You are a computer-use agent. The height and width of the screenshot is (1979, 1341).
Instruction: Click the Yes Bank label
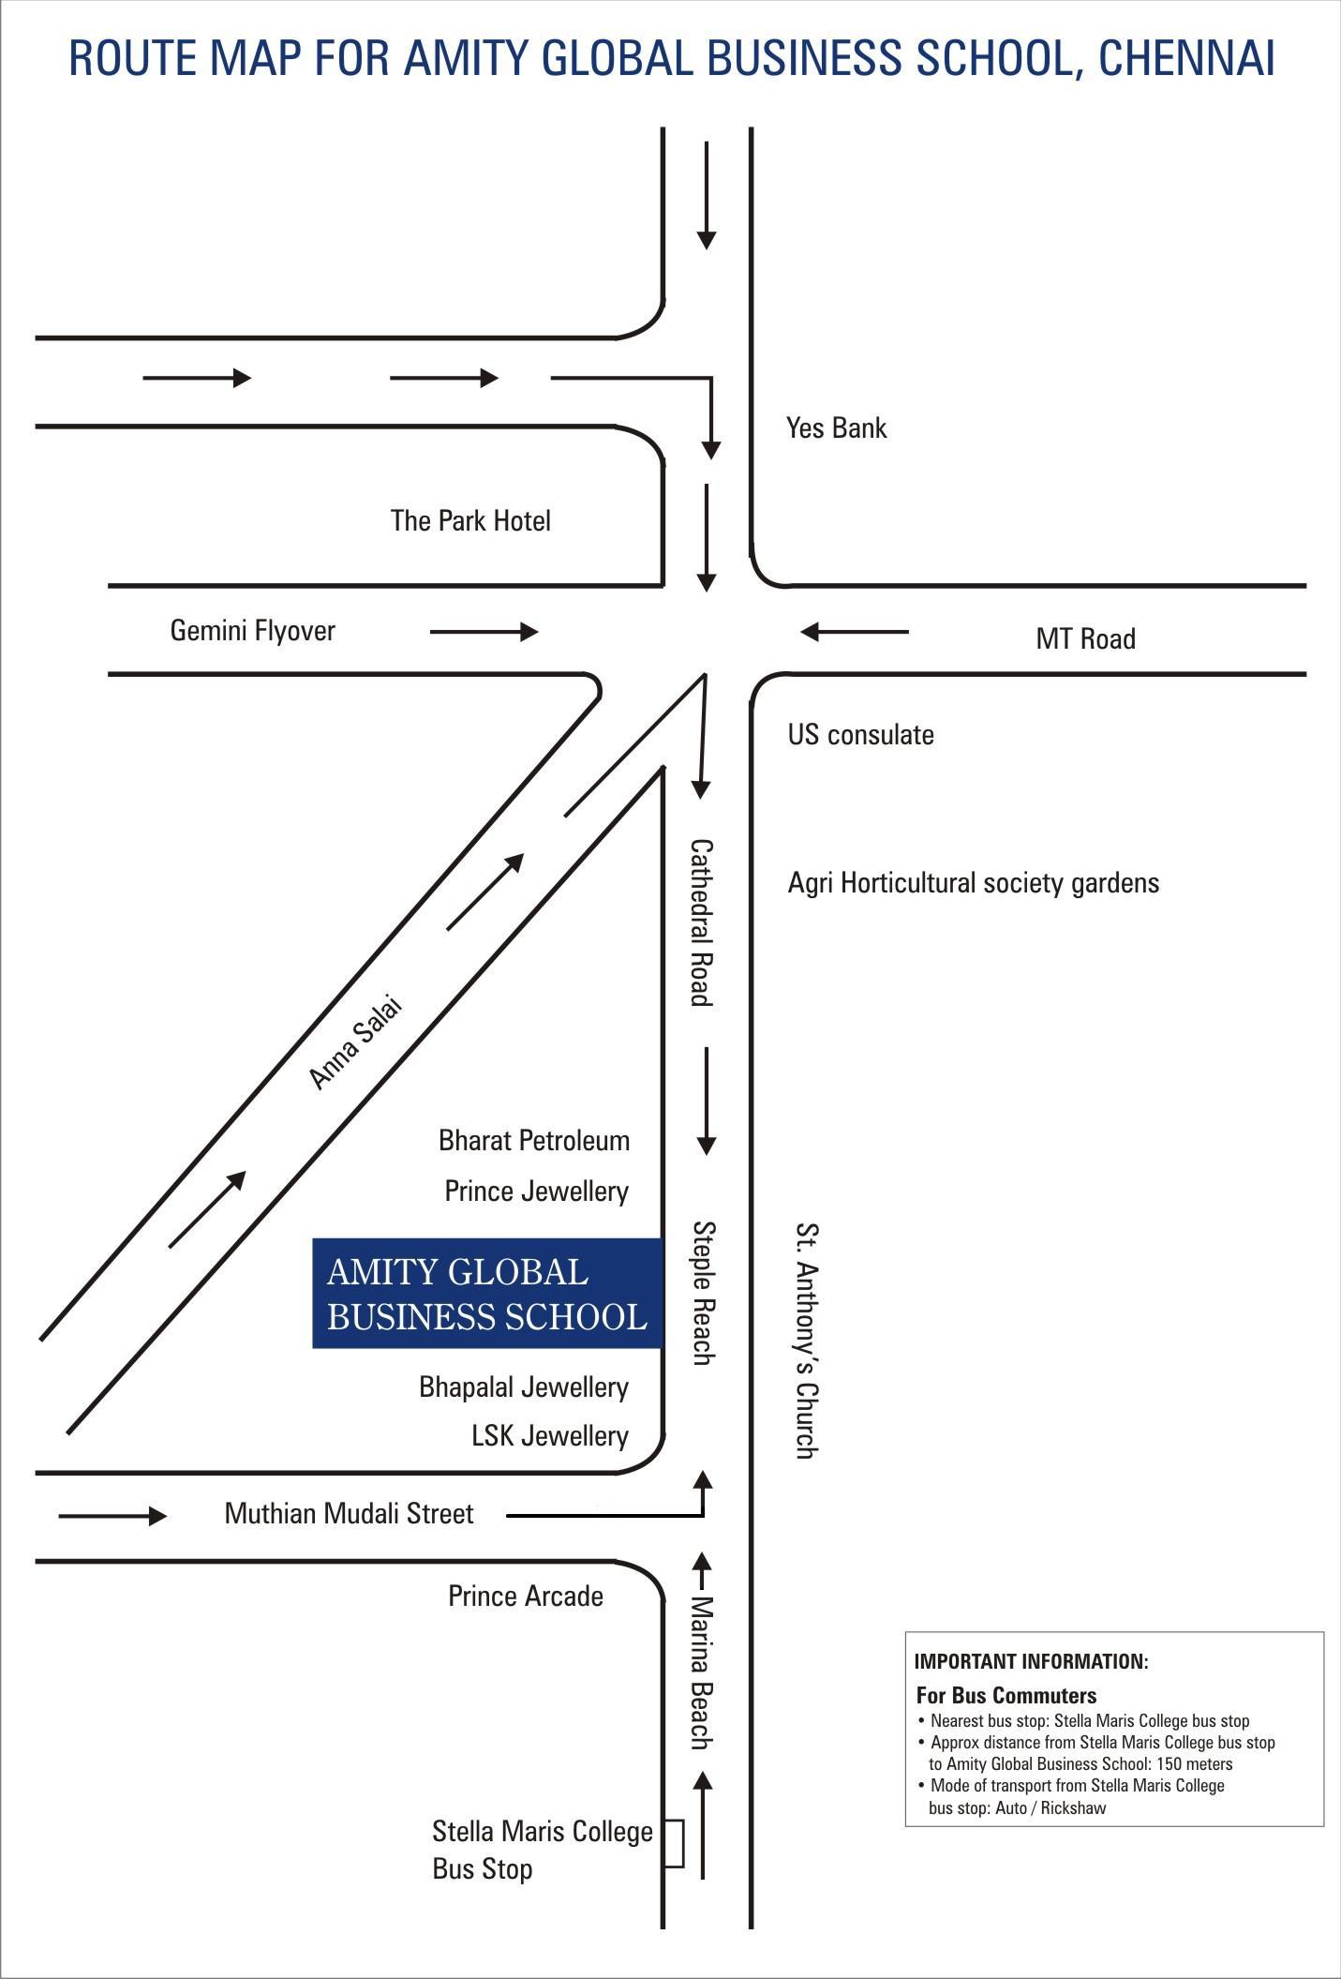click(836, 428)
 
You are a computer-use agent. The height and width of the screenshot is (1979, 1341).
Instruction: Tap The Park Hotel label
click(470, 520)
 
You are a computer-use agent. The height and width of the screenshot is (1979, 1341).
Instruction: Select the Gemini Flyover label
click(252, 631)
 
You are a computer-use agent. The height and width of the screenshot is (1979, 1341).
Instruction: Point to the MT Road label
click(1085, 639)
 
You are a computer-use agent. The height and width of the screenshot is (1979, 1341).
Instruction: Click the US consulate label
click(860, 734)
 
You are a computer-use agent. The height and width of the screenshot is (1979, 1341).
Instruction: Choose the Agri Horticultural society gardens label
click(973, 883)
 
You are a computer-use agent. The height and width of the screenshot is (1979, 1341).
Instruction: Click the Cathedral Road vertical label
click(701, 922)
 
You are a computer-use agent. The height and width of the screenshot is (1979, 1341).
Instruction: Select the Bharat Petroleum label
click(534, 1141)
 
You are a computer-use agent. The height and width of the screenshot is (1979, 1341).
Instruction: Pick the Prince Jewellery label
click(536, 1192)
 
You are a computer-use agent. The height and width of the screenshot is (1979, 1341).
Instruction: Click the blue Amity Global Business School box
click(487, 1294)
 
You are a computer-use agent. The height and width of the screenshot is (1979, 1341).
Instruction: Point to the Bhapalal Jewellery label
click(524, 1387)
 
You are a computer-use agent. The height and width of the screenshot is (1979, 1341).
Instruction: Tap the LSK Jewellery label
click(550, 1436)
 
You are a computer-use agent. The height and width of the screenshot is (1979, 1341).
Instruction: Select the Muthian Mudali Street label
click(349, 1514)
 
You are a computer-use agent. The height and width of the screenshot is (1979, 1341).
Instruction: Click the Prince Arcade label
click(526, 1597)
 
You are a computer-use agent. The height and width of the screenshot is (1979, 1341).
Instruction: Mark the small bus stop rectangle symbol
click(674, 1843)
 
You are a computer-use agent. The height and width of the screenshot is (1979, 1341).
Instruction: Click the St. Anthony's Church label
click(806, 1341)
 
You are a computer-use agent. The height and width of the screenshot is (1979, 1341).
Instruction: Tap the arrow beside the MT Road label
click(855, 632)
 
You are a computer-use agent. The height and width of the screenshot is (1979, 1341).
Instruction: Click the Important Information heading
click(1031, 1662)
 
